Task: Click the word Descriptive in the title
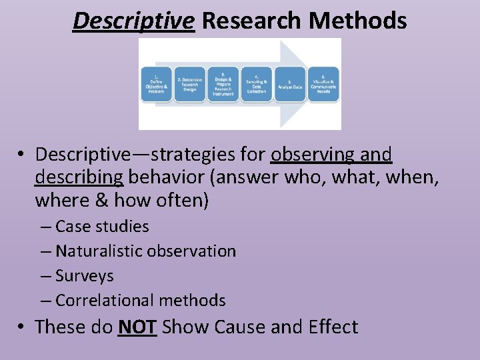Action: [133, 21]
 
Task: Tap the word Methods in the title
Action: [357, 21]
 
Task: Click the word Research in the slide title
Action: [251, 21]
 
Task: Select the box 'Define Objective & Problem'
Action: [156, 85]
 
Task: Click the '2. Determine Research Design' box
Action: [189, 85]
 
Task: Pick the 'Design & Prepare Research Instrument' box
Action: [223, 85]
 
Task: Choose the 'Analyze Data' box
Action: [289, 85]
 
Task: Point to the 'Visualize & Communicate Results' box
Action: [323, 85]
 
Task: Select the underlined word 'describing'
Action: [79, 177]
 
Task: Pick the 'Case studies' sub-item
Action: [102, 226]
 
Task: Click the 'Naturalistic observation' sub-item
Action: [145, 251]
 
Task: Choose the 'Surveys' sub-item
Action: [85, 276]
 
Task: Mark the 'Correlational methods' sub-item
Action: [141, 301]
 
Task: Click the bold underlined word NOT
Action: [137, 327]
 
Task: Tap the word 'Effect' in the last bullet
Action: [333, 327]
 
